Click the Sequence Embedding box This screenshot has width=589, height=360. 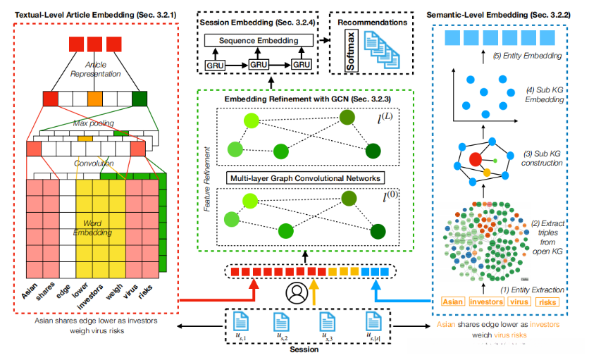tap(257, 41)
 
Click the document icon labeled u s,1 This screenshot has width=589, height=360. tap(239, 323)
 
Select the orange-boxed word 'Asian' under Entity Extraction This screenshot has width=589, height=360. tap(453, 302)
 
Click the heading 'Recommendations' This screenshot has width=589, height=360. tap(373, 22)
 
